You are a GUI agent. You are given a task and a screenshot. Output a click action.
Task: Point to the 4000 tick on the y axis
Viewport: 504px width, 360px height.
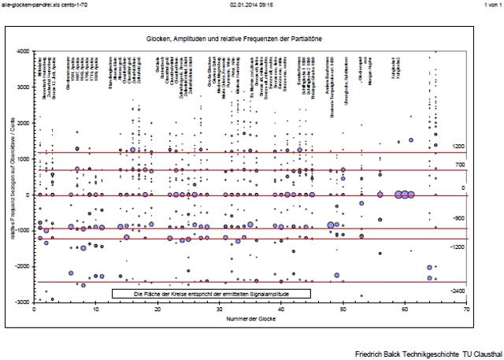24,51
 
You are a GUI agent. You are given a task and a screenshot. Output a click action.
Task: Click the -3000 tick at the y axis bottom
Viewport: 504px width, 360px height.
23,302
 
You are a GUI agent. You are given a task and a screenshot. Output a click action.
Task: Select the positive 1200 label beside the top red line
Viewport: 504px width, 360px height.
458,147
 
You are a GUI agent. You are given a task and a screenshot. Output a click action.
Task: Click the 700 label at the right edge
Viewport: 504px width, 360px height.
460,165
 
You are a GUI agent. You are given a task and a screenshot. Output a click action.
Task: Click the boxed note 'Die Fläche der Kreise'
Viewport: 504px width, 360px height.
211,293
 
